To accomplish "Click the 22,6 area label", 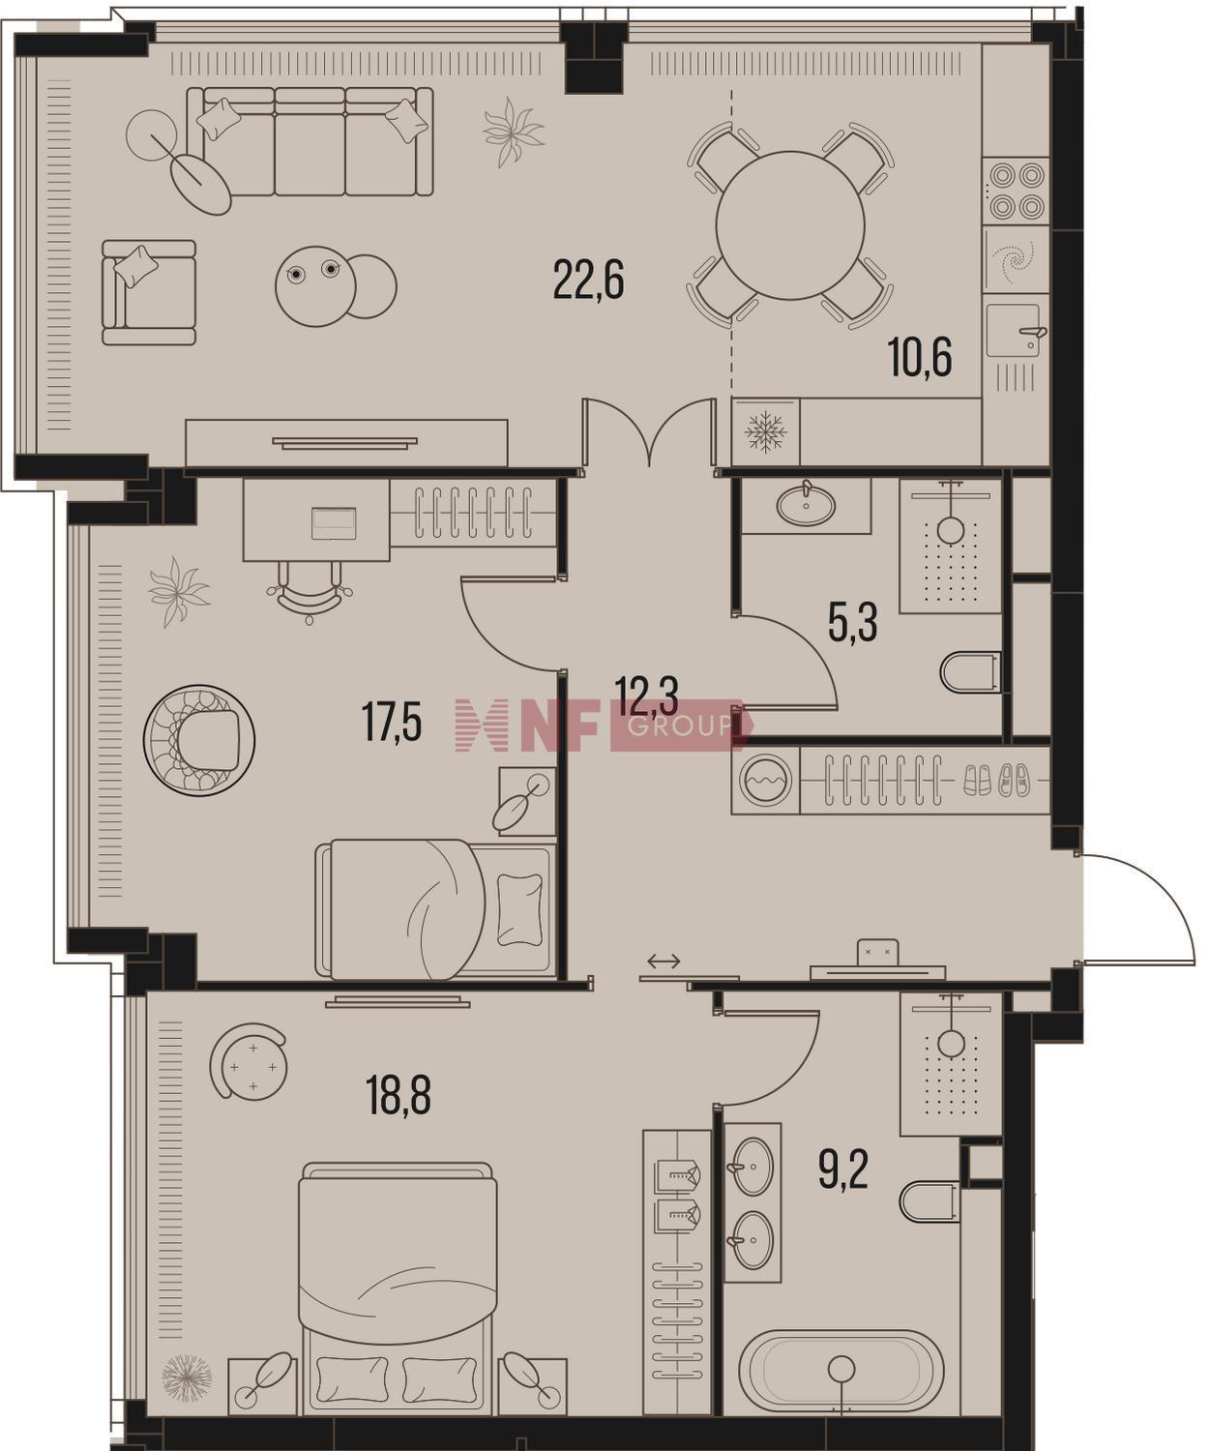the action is [588, 279].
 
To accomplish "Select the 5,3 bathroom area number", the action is [852, 622].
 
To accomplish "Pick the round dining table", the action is [789, 225].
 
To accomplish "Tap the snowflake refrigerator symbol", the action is [764, 431].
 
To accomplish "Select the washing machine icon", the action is [767, 780].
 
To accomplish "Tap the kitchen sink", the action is [1015, 331].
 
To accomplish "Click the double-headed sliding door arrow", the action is [663, 962].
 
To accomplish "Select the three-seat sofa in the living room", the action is [310, 141].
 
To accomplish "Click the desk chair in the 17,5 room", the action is [310, 591].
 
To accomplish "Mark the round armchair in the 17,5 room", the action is [199, 740].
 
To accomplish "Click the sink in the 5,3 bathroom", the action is [806, 505].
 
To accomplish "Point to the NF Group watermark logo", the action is [604, 725].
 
